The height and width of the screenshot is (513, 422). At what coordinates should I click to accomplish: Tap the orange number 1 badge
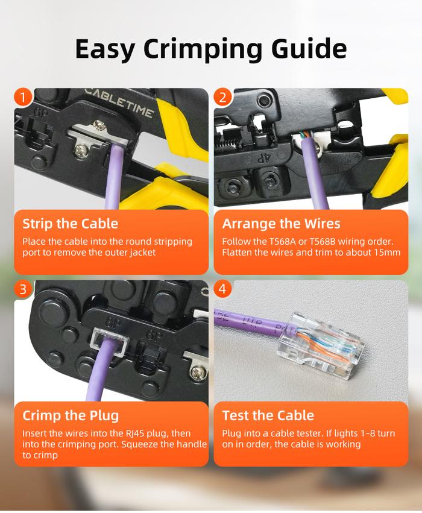(x=23, y=97)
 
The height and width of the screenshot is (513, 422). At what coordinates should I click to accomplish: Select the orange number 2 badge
(x=223, y=97)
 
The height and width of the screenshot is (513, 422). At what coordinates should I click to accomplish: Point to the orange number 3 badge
(x=23, y=289)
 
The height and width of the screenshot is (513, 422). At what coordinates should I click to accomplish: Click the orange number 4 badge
(x=223, y=289)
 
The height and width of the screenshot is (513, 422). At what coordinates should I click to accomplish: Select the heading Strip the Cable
(x=71, y=224)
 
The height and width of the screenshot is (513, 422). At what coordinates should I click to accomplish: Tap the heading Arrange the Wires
(x=281, y=224)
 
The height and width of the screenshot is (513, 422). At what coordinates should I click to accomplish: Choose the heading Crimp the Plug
(x=71, y=415)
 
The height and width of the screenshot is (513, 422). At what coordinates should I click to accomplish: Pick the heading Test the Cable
(x=268, y=415)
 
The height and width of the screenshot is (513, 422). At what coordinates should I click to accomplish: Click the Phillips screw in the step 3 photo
(x=198, y=372)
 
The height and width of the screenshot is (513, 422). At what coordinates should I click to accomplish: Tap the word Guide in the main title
(x=309, y=48)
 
